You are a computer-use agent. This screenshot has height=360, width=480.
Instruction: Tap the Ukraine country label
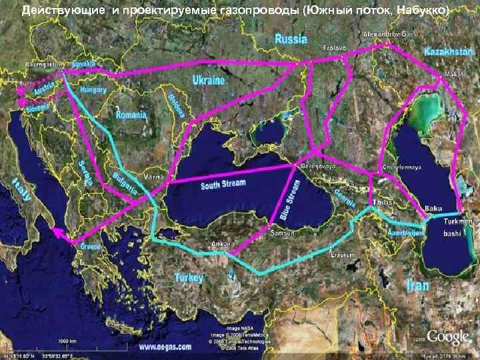coord(209,80)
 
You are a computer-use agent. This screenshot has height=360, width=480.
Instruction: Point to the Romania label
coord(131,115)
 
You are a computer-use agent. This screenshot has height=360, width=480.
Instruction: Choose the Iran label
coord(417,285)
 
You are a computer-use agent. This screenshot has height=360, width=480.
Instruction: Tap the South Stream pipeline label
coord(223,184)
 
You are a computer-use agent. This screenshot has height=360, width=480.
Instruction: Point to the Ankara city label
coord(221,244)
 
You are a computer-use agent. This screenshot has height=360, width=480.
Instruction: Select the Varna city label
coord(153,177)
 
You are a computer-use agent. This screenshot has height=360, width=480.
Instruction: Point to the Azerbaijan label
coord(405,233)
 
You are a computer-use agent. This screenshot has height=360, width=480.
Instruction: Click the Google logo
coord(449,337)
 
